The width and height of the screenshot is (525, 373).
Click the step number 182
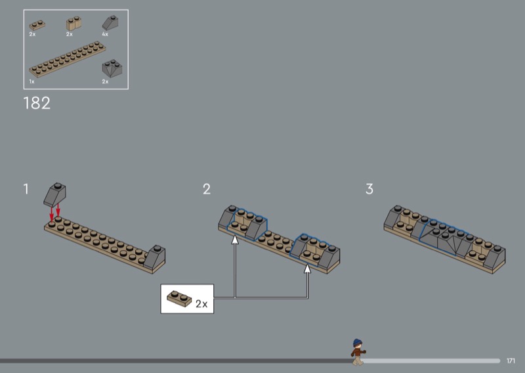pos(37,103)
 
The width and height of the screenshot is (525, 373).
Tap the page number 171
pos(511,361)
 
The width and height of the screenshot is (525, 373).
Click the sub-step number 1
pos(26,188)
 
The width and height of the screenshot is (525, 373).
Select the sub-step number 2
pos(207,189)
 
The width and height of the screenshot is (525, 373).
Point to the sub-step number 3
pos(369,188)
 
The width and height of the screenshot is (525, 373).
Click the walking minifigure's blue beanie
pos(358,343)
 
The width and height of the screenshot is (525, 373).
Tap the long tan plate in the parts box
pos(68,59)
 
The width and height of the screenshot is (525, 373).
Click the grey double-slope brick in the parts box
pos(112,68)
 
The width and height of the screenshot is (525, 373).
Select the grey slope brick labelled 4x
pos(110,23)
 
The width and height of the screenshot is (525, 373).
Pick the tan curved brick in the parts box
pos(74,24)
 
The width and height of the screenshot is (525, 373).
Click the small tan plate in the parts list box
pos(37,25)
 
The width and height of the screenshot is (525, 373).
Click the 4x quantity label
pos(105,34)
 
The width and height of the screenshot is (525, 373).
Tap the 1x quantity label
pos(31,81)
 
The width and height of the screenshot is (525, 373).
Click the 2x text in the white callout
pos(201,303)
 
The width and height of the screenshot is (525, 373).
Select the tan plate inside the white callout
pos(179,299)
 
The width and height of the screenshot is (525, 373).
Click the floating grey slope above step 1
pos(55,194)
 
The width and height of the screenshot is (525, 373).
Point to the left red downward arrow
pos(51,213)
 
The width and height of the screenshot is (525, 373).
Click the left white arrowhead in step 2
pos(235,239)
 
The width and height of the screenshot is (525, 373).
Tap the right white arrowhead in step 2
pos(307,269)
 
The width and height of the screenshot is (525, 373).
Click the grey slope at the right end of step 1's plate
pos(155,257)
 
